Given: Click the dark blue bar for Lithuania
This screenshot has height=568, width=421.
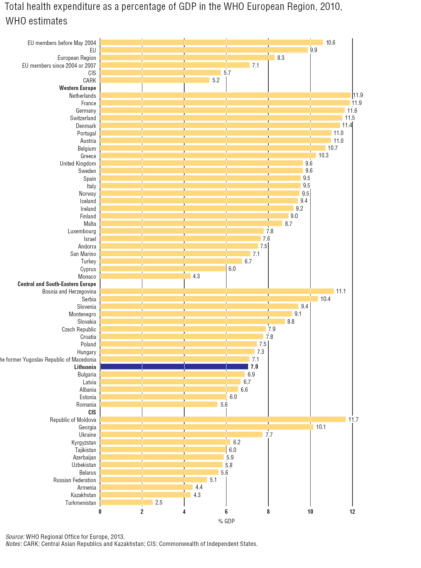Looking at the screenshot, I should tap(174, 367).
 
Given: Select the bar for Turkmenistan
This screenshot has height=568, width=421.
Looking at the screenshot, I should tap(126, 502).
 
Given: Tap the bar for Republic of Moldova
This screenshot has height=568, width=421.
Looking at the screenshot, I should tap(223, 419).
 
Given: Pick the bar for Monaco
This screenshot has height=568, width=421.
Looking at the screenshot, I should tap(145, 276).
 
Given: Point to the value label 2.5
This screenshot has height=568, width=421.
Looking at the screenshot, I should tap(159, 502).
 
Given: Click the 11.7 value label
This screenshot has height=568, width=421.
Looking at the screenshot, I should tap(353, 419).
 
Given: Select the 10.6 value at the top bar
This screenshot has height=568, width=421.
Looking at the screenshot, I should tap(330, 43).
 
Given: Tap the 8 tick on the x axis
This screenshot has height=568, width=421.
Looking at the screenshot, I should tap(268, 512).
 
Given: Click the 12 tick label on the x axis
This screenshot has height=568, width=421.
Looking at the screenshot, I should tap(352, 512).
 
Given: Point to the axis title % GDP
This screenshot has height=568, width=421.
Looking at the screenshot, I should tap(226, 521).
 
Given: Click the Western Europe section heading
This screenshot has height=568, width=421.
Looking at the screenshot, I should tap(77, 88).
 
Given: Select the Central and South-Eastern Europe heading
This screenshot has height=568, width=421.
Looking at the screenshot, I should tap(57, 284).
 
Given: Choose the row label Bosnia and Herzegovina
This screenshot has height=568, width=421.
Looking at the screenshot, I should tap(69, 291).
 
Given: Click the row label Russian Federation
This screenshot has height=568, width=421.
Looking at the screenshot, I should tap(75, 480).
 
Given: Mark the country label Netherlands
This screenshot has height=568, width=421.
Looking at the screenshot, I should tap(82, 96).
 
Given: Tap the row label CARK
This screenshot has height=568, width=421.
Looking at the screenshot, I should tap(89, 80).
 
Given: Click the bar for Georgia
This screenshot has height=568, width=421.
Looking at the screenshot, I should tap(207, 427).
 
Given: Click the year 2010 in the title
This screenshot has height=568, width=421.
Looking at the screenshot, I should tap(329, 7).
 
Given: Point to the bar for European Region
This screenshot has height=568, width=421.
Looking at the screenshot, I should tap(187, 57).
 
